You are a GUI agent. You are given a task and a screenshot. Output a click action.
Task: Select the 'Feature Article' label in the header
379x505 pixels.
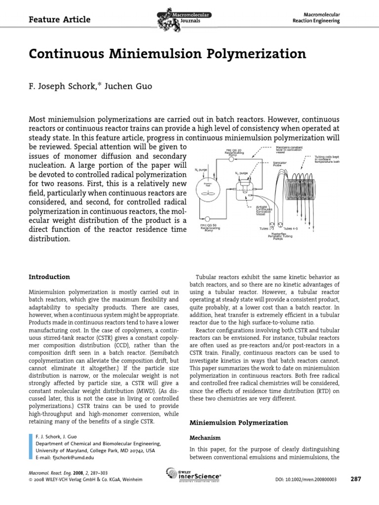(x=60, y=19)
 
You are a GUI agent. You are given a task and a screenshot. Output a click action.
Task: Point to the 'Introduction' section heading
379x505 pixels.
(x=50, y=277)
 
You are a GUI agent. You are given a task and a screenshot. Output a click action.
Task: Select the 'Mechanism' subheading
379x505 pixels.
(x=206, y=437)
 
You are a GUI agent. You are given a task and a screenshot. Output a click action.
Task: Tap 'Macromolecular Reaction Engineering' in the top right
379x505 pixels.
(x=316, y=18)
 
